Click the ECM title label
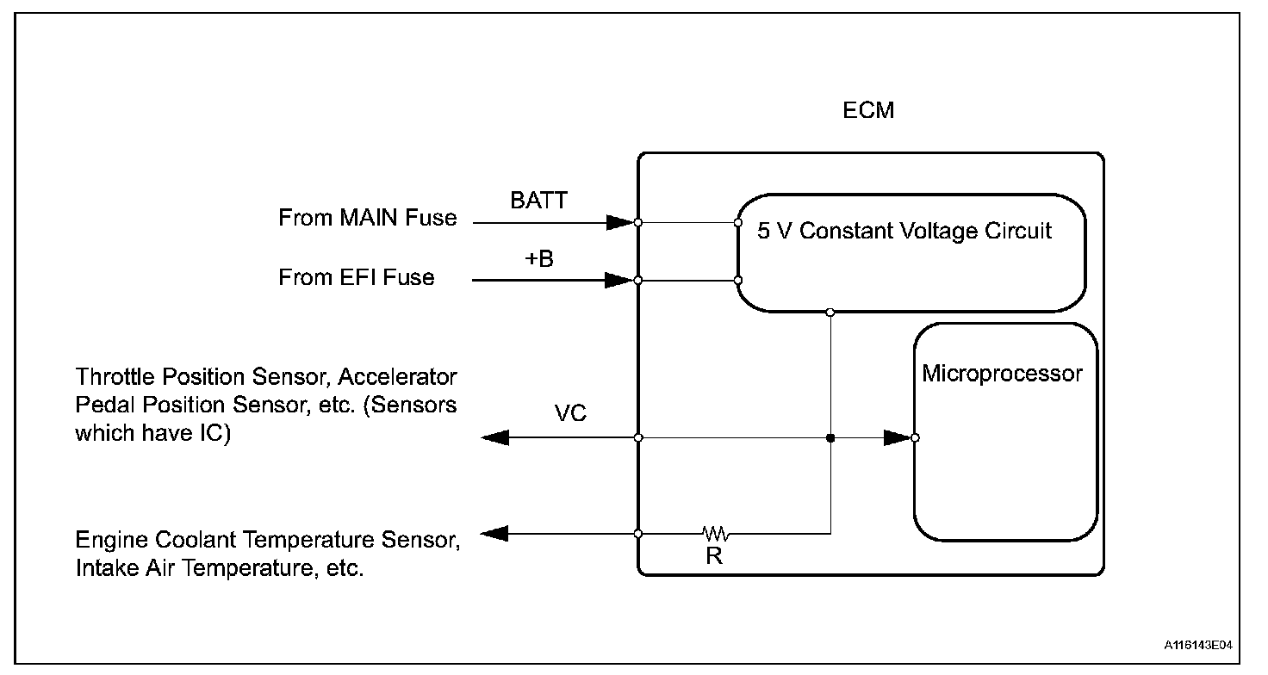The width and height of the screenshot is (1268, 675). tap(869, 111)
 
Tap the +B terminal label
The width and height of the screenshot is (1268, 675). tap(539, 258)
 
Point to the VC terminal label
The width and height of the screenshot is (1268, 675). tap(570, 414)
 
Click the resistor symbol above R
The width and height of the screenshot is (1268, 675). tap(717, 534)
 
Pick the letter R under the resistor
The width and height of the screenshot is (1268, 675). tap(714, 556)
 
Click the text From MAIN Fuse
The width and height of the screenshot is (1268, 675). tap(367, 218)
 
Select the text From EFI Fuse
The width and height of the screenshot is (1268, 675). tap(356, 277)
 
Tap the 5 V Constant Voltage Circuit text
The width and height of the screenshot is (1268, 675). tap(904, 232)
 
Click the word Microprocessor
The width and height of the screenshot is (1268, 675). tap(1002, 374)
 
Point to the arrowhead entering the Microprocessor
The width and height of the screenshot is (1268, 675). tap(898, 438)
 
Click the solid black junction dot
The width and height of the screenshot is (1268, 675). tap(830, 438)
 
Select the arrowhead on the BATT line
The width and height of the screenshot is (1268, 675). tap(619, 222)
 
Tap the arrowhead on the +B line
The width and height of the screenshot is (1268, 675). tap(619, 280)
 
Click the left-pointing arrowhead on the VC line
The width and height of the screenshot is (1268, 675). tap(494, 438)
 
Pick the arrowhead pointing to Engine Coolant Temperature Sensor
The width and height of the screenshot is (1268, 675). tap(494, 534)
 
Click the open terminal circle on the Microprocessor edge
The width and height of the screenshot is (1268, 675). tap(915, 438)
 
